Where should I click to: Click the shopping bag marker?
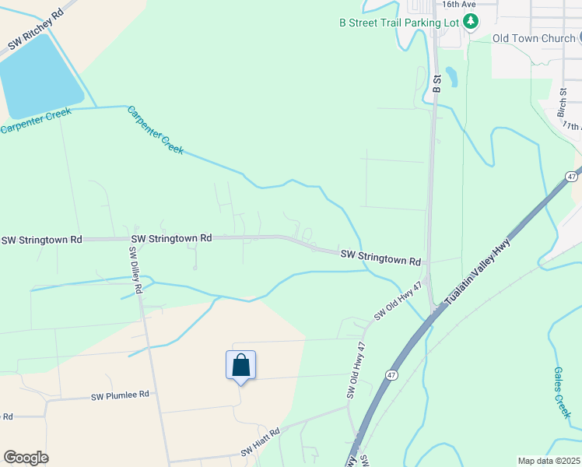coord(240,365)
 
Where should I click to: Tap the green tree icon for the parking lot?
coord(470,23)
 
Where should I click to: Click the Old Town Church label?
coord(533,38)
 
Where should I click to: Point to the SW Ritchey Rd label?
coord(36,32)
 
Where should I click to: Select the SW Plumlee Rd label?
coord(120,395)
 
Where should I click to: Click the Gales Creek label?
coord(562,392)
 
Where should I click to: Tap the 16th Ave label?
coord(458,4)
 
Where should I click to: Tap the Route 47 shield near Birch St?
coord(572,177)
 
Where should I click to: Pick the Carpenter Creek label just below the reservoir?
coord(36,121)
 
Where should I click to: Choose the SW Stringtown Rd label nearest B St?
coord(380,258)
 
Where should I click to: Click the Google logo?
coord(26,458)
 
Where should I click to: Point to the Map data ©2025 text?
coord(548,461)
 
